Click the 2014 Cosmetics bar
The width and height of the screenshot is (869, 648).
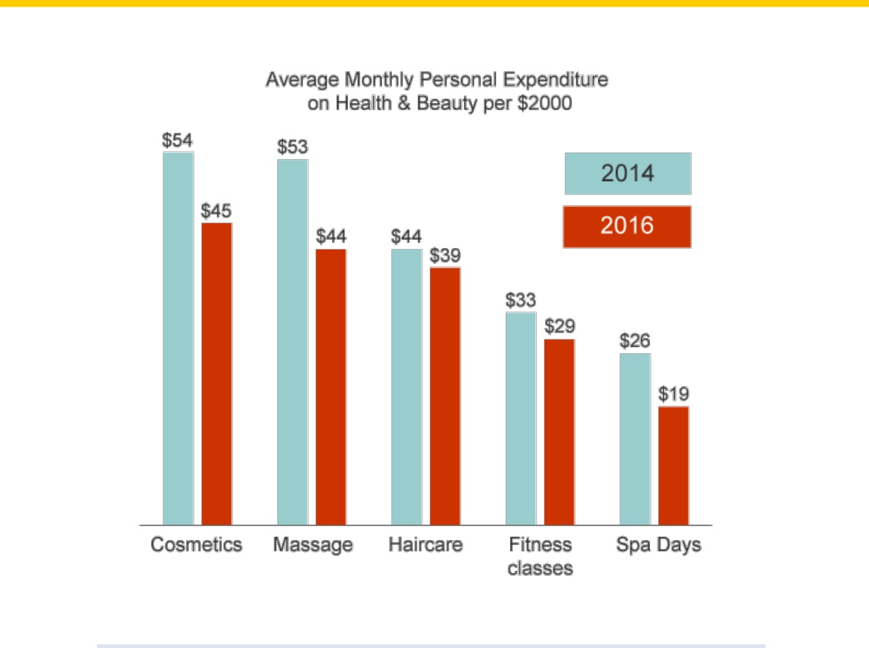tap(178, 338)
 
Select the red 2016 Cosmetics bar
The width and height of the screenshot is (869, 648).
tap(217, 374)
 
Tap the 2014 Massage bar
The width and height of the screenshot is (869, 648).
tap(293, 342)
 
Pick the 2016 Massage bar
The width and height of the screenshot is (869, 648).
tap(331, 387)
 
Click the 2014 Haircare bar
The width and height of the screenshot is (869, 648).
tap(407, 387)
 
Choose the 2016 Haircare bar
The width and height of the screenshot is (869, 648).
tap(445, 396)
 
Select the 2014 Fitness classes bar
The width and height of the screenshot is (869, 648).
tap(521, 419)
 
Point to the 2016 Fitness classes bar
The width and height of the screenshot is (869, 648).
tap(559, 432)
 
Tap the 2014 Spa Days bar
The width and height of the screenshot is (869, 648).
tap(635, 439)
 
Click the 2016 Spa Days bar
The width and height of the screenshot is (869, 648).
tap(673, 466)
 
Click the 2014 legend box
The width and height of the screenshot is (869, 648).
tap(628, 174)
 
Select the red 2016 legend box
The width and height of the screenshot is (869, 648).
tap(627, 227)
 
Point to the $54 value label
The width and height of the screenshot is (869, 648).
tap(177, 140)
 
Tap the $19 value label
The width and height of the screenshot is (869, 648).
tap(673, 394)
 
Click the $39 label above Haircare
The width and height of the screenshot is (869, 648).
tap(445, 255)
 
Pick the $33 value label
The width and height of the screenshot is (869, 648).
tap(520, 301)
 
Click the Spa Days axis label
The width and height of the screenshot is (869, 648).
tap(658, 545)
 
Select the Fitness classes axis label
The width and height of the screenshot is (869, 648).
tap(541, 556)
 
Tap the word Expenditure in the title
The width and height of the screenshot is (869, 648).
tap(555, 80)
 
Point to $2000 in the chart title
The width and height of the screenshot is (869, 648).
tap(544, 103)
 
